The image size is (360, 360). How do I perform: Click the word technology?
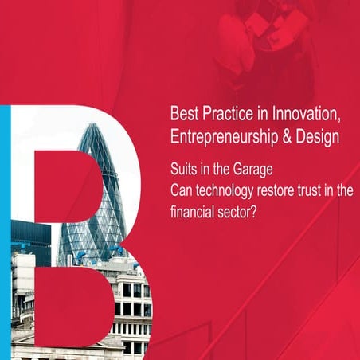click(228, 192)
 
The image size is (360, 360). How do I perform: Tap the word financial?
click(194, 213)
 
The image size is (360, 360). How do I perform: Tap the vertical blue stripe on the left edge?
click(5, 231)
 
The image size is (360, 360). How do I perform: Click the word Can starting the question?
click(182, 192)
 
